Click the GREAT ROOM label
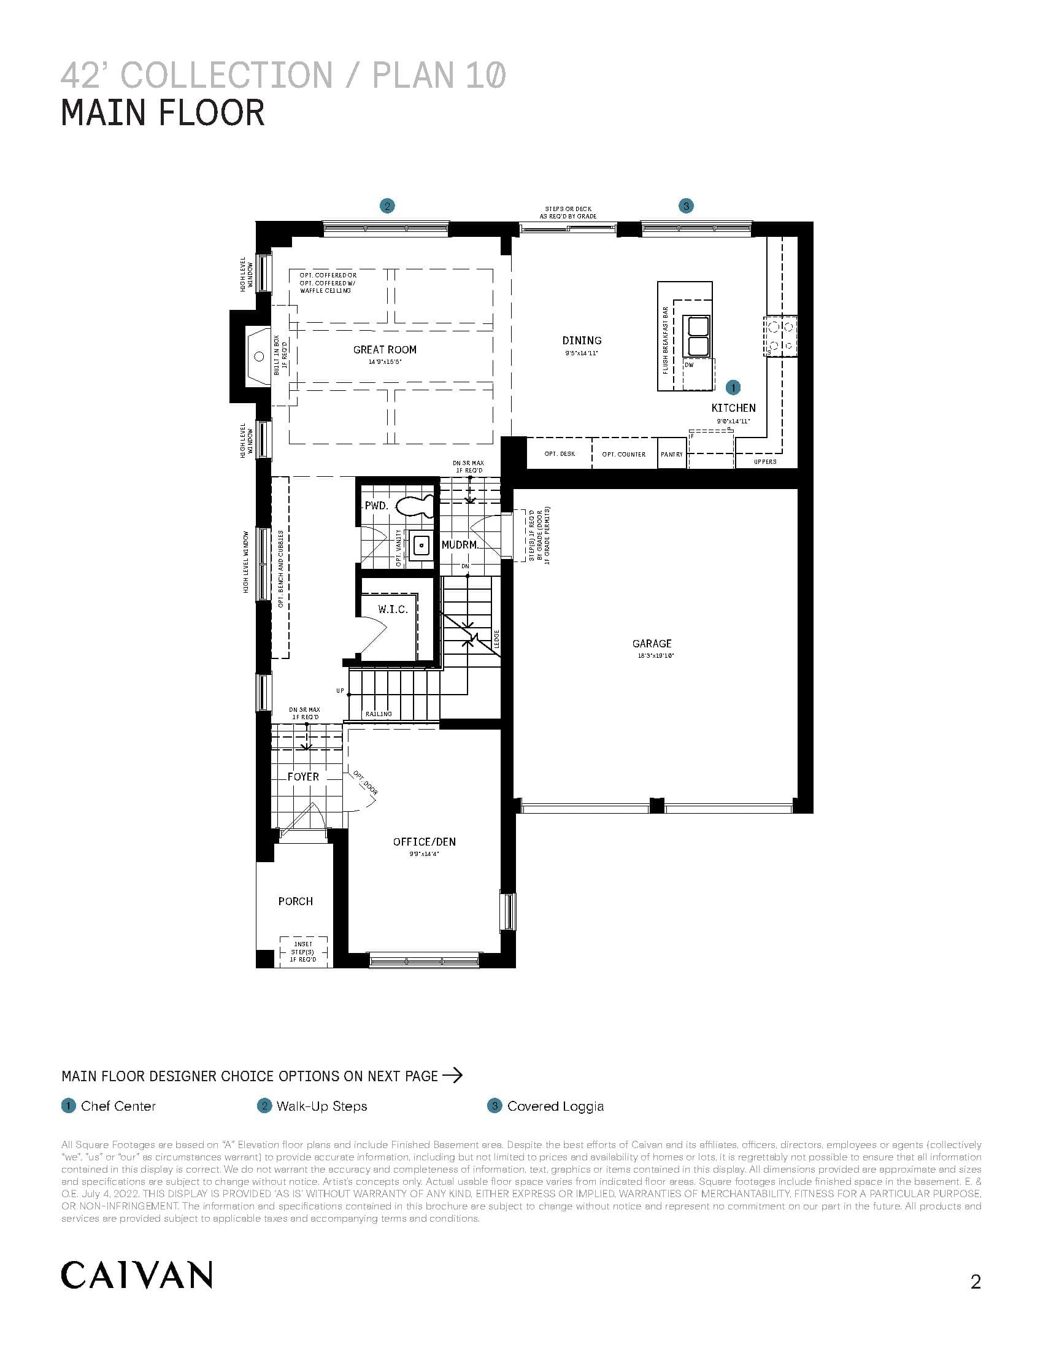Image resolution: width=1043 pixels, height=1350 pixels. click(384, 350)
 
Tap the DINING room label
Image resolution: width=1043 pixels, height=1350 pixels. click(582, 341)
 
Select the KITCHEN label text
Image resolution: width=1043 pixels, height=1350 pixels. click(733, 408)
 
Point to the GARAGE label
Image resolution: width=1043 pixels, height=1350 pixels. click(651, 644)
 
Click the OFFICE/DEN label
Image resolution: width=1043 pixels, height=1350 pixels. click(424, 842)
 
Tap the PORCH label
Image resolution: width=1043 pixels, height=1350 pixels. click(295, 901)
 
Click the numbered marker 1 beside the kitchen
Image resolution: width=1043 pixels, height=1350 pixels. click(732, 388)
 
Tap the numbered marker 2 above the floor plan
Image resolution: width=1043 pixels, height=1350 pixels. click(387, 206)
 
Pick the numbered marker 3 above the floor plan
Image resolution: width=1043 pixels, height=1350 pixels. click(686, 206)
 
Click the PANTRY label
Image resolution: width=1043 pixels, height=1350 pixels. click(672, 454)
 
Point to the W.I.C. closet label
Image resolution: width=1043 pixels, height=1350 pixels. click(393, 609)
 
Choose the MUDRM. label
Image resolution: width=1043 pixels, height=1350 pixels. click(460, 545)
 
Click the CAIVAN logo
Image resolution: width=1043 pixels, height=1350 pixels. click(137, 1275)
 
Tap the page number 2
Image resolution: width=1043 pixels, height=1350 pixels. click(976, 1282)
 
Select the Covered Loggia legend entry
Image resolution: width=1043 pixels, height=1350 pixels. click(555, 1106)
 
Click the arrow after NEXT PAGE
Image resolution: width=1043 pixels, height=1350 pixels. click(453, 1076)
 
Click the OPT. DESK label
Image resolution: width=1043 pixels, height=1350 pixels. click(559, 454)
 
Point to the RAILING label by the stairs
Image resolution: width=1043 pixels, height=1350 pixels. click(378, 714)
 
